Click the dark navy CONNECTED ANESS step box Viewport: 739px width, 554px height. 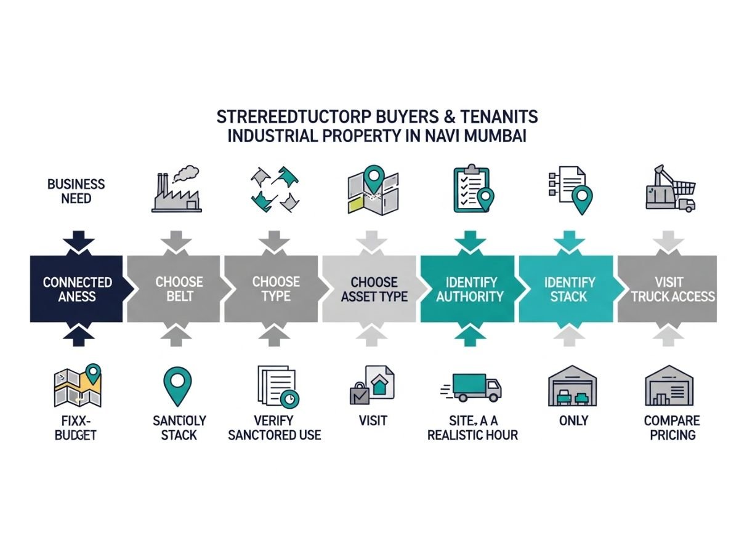(x=77, y=289)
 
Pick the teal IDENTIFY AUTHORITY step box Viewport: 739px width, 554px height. (x=469, y=289)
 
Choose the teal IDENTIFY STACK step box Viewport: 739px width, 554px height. (x=569, y=289)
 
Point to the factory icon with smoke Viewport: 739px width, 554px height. (x=176, y=192)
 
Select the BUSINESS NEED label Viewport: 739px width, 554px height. (x=76, y=191)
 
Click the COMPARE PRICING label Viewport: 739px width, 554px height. (x=671, y=428)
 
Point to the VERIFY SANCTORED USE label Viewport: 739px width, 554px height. (x=275, y=428)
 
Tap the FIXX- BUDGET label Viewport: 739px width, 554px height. (x=76, y=428)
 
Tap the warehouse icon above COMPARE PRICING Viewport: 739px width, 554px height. (x=669, y=386)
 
